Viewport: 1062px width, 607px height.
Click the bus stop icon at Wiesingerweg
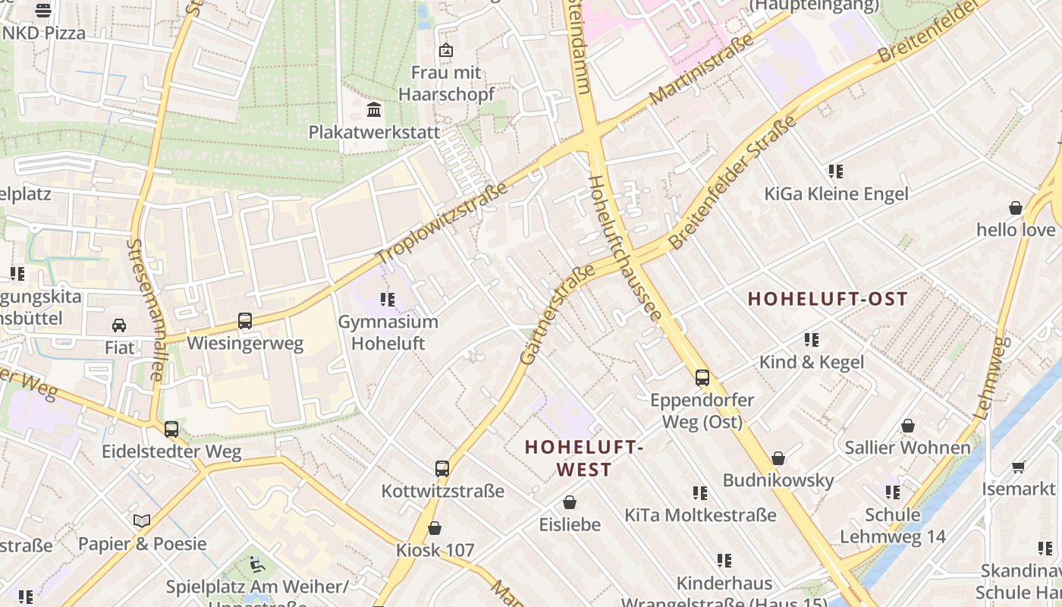(x=245, y=321)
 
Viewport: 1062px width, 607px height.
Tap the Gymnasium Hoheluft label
(x=388, y=332)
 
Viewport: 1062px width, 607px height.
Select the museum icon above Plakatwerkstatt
(x=373, y=111)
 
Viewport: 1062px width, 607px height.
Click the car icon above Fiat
(x=119, y=326)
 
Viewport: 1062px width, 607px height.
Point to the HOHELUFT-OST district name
(x=828, y=299)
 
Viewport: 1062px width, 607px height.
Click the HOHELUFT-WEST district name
(x=584, y=458)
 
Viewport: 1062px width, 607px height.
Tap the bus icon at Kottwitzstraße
(x=442, y=469)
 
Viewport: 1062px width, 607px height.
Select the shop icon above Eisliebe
(x=570, y=502)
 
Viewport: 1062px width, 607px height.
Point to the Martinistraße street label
(x=701, y=69)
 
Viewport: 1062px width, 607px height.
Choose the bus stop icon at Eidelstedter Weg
(x=171, y=429)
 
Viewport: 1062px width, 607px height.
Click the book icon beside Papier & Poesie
(x=142, y=521)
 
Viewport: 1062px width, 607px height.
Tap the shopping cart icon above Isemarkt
(x=1018, y=467)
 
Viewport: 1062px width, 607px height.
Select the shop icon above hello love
(x=1015, y=208)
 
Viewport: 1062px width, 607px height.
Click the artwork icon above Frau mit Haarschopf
(x=446, y=51)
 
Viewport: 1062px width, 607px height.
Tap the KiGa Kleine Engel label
(x=836, y=194)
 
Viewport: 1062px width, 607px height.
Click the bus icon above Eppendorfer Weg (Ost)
(x=702, y=377)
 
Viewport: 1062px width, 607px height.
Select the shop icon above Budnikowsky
(x=778, y=458)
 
